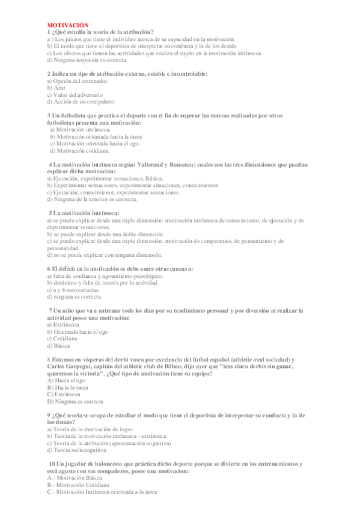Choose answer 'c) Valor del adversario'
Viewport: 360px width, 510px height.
pyautogui.click(x=75, y=95)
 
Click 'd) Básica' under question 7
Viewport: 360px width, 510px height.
pyautogui.click(x=58, y=346)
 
